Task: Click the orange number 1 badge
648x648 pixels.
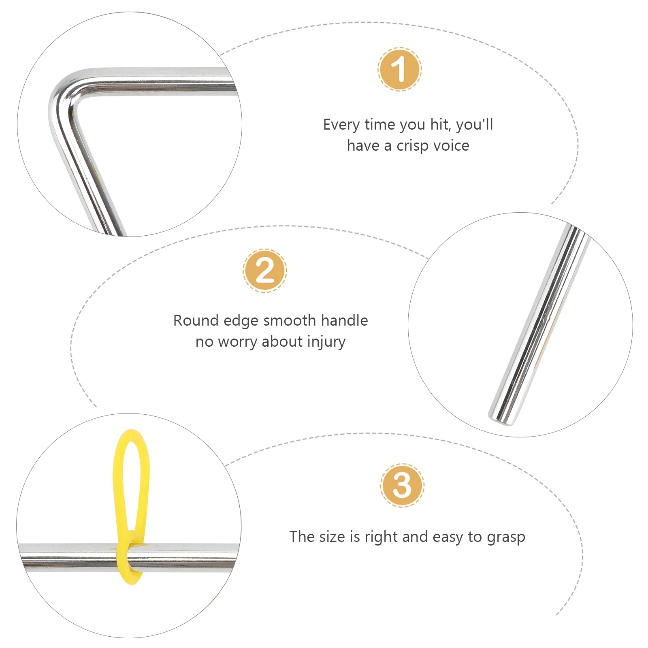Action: click(x=400, y=69)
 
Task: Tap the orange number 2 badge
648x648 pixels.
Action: click(x=265, y=271)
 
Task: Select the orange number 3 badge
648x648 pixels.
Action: click(x=402, y=485)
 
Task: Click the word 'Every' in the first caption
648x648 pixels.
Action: click(x=342, y=125)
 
